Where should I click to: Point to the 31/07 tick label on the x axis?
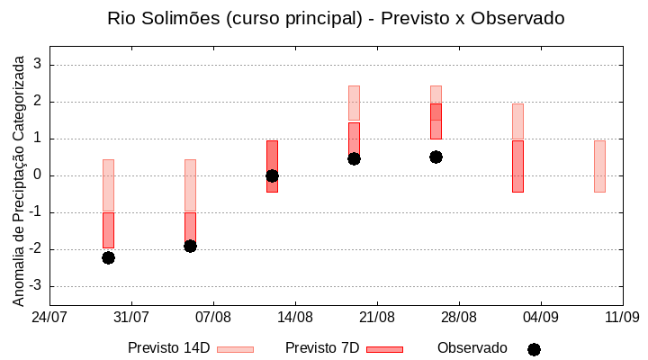(130, 317)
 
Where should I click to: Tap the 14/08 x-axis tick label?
(294, 317)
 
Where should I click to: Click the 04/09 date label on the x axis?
(540, 317)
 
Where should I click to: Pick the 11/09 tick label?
(622, 317)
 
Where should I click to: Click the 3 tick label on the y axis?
(37, 65)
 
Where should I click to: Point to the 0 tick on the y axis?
(37, 175)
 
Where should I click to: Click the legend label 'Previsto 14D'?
(168, 348)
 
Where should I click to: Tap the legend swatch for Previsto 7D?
(384, 348)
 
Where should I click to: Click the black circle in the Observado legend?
(534, 349)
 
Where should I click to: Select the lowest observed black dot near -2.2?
(108, 257)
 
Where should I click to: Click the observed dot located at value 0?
(272, 175)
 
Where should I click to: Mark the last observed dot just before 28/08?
(436, 157)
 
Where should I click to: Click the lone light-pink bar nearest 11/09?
(599, 166)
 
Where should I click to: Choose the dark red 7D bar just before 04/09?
(517, 166)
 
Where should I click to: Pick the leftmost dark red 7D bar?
(108, 229)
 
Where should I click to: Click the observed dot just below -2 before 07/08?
(190, 246)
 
